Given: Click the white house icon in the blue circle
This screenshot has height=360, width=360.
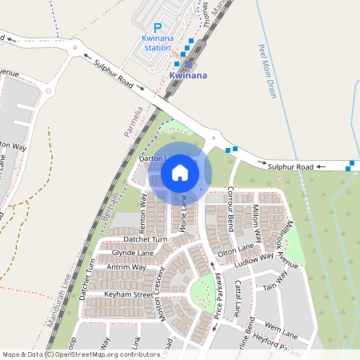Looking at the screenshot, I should [x=180, y=172].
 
